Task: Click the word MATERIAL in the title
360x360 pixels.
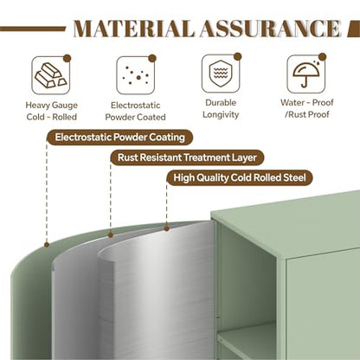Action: pos(133,29)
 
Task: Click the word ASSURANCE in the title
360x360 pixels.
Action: pos(270,29)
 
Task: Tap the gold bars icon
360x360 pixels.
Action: pos(51,75)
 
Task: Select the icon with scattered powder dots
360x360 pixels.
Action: pos(136,75)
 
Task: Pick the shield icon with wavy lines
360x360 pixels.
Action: pos(221,74)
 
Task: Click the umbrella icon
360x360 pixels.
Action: pos(306,74)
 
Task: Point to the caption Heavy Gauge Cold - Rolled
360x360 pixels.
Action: pos(52,111)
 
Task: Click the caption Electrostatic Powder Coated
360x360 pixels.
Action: pos(135,111)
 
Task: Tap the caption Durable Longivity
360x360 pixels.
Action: pos(221,109)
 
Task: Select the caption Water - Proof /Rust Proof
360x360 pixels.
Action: pos(307,108)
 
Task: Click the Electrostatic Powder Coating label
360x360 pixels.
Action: pos(119,138)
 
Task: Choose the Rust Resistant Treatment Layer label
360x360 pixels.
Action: pos(187,157)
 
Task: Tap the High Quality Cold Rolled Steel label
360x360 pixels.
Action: pos(240,177)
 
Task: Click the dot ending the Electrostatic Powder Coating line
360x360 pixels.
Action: pos(47,245)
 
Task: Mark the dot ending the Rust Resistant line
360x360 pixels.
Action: pos(111,235)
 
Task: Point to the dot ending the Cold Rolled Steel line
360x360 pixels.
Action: pos(166,228)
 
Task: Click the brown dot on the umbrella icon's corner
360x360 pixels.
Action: pos(323,57)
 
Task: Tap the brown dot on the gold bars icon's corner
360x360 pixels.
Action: pos(67,59)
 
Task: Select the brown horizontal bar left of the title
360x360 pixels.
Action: pos(33,29)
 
